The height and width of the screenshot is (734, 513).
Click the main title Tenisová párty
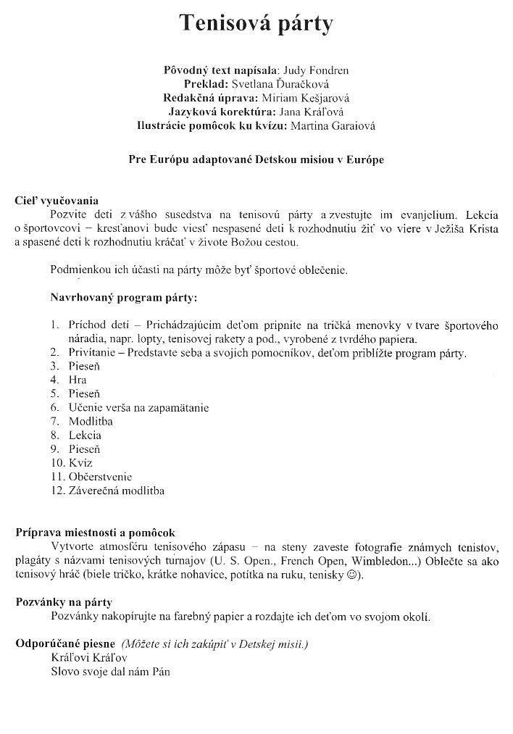pos(256,24)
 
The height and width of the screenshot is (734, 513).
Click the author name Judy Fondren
pos(317,70)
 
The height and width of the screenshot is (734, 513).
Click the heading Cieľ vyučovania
pos(57,201)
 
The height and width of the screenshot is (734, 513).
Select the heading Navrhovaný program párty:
pos(123,297)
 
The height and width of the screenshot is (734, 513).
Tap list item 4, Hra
pos(77,380)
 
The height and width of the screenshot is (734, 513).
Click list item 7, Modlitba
pos(91,421)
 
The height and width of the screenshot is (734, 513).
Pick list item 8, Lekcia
pos(85,435)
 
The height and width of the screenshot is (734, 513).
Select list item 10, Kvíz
pos(80,463)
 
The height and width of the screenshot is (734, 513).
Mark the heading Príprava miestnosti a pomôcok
pos(95,533)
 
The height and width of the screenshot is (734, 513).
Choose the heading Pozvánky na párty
pos(64,602)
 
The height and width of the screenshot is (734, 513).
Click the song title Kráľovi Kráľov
pos(88,658)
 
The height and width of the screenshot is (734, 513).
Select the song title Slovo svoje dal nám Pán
pos(110,672)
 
